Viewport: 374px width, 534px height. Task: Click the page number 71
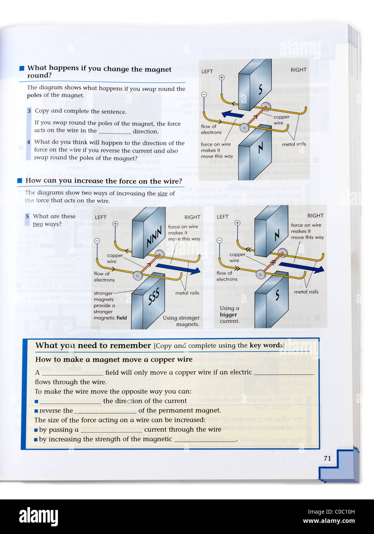[327, 458]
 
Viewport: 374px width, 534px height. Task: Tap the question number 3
[29, 111]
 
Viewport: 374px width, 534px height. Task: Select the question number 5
[27, 216]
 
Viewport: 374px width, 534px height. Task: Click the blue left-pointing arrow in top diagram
[233, 114]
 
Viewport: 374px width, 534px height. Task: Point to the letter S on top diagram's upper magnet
[260, 90]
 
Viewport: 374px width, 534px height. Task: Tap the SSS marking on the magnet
[153, 297]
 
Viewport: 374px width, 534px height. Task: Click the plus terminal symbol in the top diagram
[222, 78]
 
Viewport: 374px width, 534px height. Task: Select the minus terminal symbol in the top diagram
[204, 95]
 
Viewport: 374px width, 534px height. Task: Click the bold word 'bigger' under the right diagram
[228, 315]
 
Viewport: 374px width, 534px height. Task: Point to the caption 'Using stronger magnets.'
[181, 321]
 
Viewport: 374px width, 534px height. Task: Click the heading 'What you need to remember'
[93, 345]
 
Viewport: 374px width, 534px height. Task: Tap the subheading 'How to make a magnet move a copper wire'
[114, 360]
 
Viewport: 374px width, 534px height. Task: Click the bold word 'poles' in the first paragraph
[34, 96]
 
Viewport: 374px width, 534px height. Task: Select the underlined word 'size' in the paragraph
[162, 194]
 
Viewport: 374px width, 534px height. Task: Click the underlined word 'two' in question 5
[38, 224]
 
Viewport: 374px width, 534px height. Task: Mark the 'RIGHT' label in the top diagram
[298, 70]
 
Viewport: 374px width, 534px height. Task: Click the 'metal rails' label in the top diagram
[294, 144]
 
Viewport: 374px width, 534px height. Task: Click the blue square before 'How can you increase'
[20, 181]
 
